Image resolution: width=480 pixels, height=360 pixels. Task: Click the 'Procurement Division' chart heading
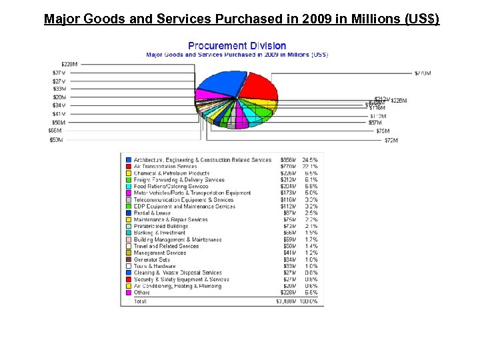click(x=237, y=46)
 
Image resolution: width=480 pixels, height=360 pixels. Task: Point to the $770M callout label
click(x=422, y=73)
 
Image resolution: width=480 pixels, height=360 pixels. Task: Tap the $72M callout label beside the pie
click(x=391, y=141)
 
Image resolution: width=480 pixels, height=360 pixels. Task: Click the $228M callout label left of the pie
click(x=69, y=64)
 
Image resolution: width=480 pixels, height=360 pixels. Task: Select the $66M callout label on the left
click(x=57, y=131)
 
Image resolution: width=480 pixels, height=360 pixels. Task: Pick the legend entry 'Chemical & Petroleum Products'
click(x=171, y=173)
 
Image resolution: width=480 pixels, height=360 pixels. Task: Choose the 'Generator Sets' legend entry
click(x=151, y=259)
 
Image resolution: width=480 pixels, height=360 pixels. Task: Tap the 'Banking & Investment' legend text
click(x=159, y=233)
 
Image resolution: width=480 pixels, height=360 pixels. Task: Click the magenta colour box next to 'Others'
click(x=128, y=293)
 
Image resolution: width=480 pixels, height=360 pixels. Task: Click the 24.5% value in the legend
click(x=310, y=160)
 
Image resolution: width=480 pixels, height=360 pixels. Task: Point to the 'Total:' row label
click(x=140, y=301)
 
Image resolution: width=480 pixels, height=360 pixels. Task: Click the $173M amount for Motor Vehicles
click(x=288, y=193)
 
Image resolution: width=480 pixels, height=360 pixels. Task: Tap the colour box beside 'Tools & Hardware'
click(x=128, y=266)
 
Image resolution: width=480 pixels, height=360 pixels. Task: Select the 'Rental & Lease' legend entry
click(x=152, y=213)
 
